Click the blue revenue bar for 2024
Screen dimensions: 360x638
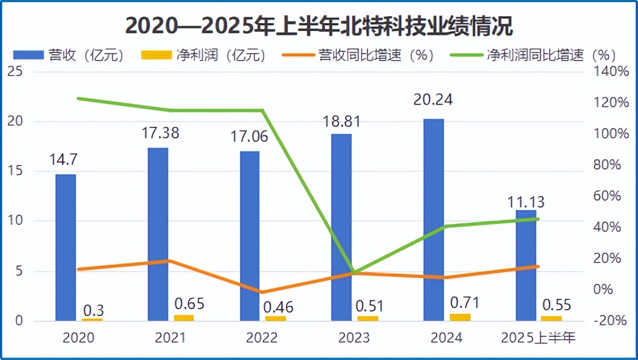(433, 219)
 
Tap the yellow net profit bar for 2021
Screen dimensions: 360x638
(183, 317)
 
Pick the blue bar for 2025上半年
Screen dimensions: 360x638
(526, 265)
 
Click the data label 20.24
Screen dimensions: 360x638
(433, 100)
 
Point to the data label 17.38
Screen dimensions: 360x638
(160, 133)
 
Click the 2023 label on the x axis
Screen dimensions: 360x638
(354, 337)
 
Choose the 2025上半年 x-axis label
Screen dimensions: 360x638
(538, 337)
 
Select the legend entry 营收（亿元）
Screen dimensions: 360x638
(69, 55)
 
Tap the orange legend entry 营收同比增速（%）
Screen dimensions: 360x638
(358, 55)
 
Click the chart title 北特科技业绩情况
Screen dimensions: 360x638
(319, 27)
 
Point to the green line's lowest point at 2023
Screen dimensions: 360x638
(354, 272)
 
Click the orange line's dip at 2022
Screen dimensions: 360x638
(261, 292)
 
